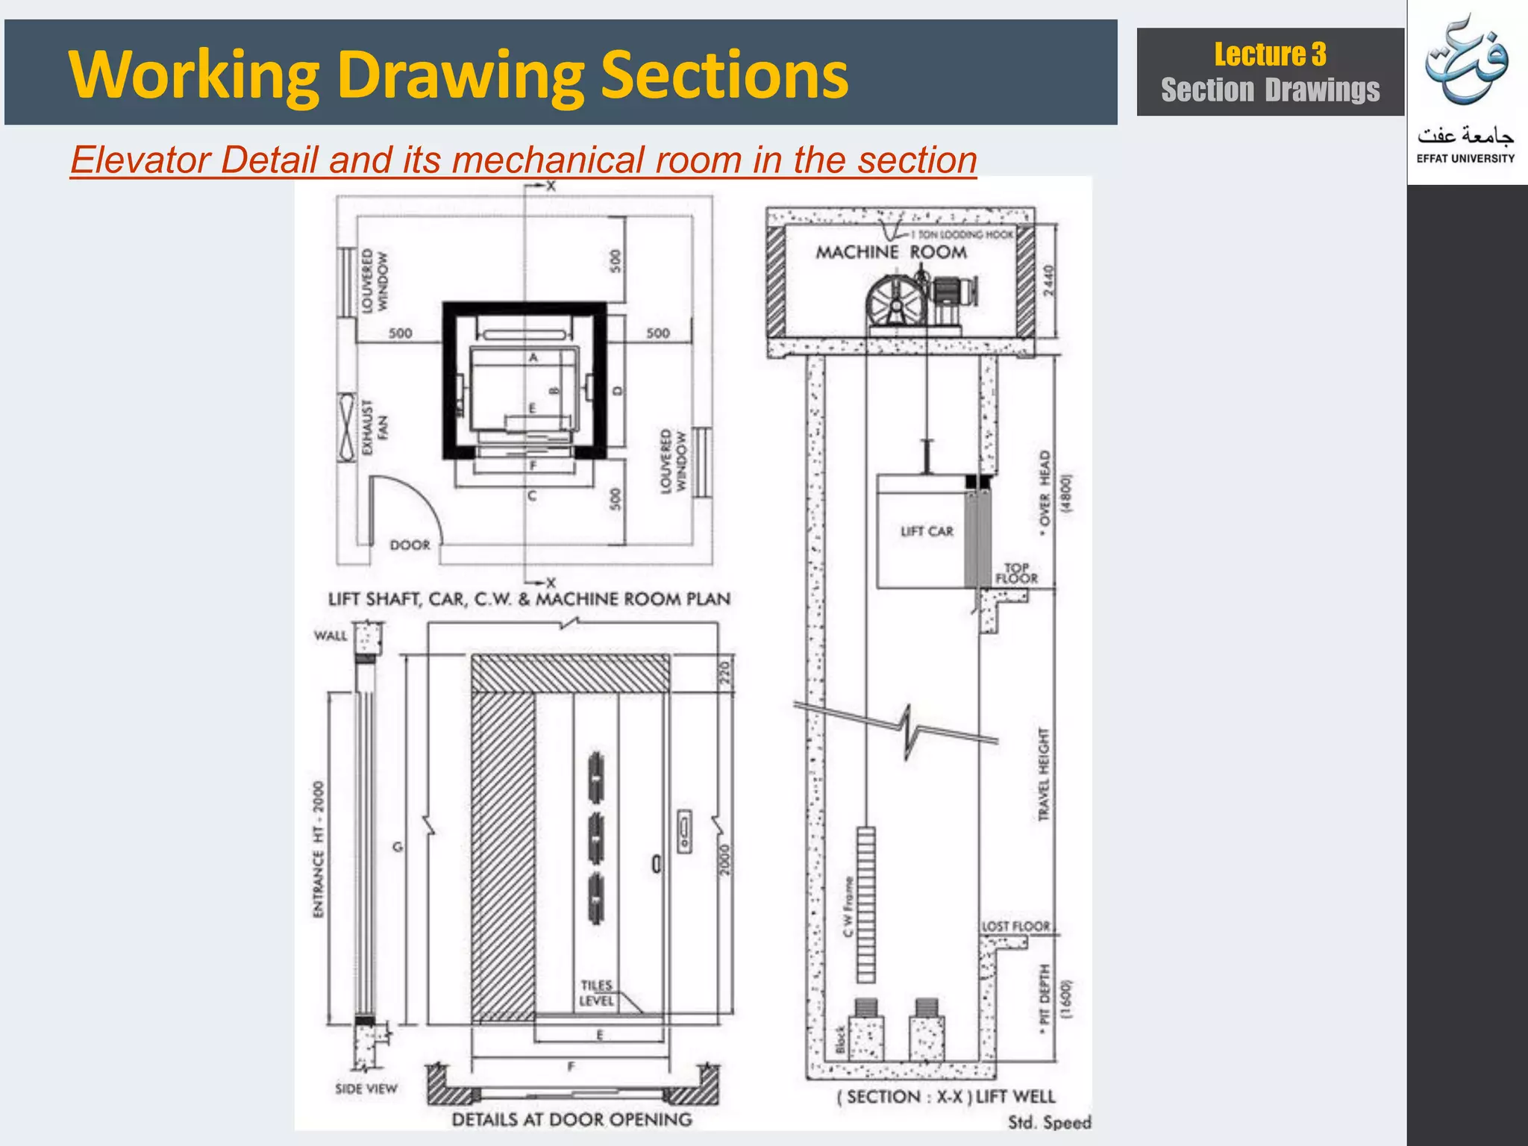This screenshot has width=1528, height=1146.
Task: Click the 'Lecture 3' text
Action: coord(1270,54)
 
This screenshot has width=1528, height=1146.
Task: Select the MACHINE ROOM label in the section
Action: coord(891,252)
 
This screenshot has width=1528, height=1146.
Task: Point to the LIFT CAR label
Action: coord(927,531)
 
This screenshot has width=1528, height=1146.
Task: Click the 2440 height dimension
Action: coord(1048,280)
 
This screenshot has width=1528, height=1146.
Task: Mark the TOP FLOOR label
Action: coord(1016,573)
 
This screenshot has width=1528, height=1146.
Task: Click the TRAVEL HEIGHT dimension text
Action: coord(1043,774)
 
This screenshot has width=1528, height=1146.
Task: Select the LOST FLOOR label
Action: coord(1015,926)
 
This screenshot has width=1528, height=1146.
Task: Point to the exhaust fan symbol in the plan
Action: coord(347,427)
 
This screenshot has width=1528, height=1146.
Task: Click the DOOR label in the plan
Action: coord(410,545)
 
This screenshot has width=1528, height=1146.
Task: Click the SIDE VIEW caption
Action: coord(366,1089)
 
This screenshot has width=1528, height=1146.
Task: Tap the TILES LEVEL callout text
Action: coord(596,993)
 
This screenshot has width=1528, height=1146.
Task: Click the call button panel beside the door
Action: coord(684,831)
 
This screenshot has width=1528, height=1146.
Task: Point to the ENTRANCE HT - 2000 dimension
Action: coord(319,849)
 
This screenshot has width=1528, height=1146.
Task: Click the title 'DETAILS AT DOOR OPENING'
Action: coord(572,1119)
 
